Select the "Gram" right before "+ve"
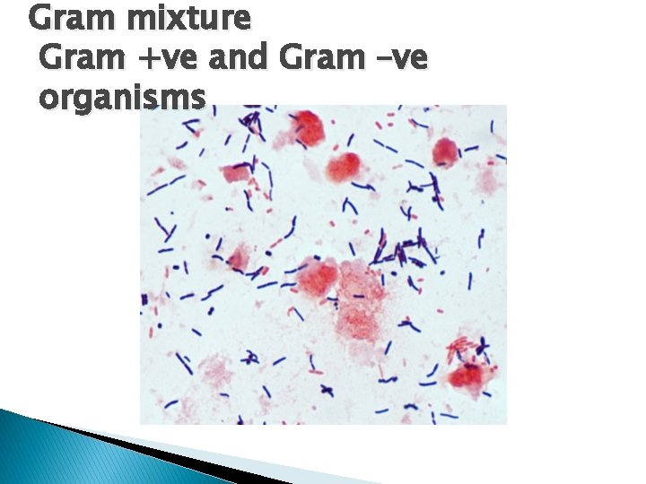click(x=75, y=59)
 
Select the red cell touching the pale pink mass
click(x=318, y=278)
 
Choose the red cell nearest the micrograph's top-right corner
click(x=445, y=152)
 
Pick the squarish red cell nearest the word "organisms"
click(x=239, y=172)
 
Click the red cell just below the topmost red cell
click(x=344, y=167)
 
